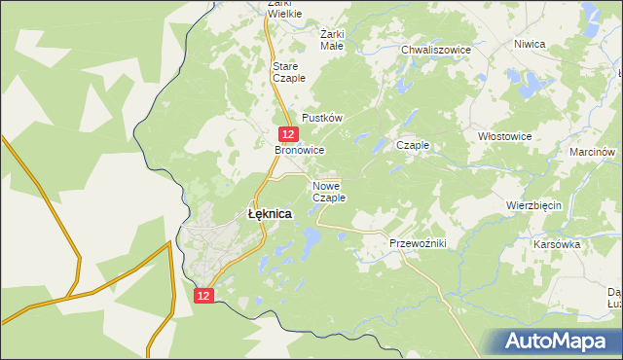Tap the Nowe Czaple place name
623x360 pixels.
(329, 191)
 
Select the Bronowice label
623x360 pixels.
(299, 151)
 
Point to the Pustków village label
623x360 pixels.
(323, 117)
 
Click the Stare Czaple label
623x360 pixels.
(288, 72)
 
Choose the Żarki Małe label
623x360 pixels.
(332, 38)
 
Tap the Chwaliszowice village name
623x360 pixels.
(436, 49)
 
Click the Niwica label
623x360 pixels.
(530, 44)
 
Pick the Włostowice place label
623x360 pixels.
(505, 136)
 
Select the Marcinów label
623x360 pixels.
(593, 152)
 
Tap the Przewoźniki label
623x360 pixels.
(417, 243)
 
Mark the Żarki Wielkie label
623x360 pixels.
(272, 9)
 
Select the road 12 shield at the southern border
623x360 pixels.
(202, 294)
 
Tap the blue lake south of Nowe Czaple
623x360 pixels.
(311, 236)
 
